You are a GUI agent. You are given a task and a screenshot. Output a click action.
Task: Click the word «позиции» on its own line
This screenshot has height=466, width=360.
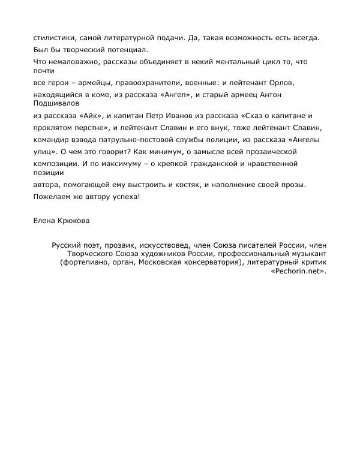(x=50, y=173)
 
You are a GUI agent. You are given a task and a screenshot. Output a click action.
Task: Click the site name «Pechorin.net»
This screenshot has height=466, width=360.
(x=298, y=272)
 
